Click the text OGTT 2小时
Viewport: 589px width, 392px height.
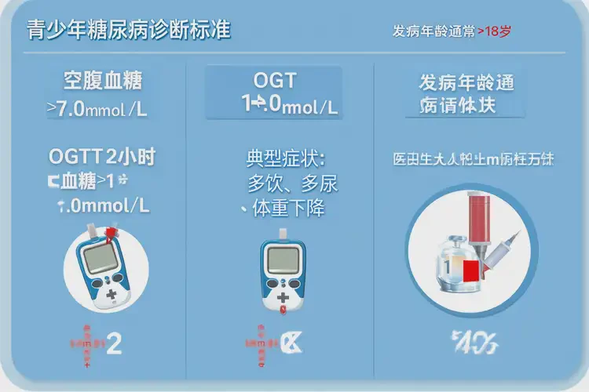103,158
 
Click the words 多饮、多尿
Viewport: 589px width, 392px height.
292,184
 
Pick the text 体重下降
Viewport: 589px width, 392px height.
287,209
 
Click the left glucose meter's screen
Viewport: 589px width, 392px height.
106,260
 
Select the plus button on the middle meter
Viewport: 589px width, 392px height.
284,295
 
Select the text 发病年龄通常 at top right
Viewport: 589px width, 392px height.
434,32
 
